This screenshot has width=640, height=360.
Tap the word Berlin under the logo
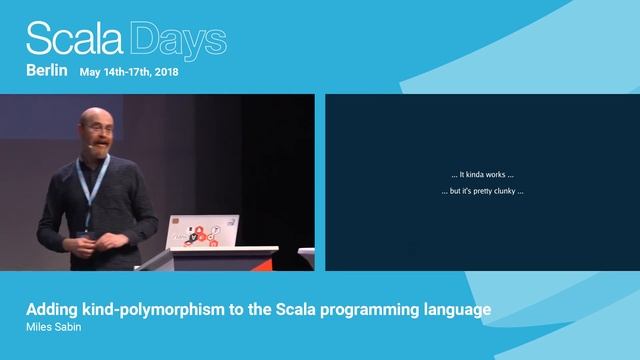[46, 71]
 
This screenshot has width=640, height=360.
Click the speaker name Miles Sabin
[53, 327]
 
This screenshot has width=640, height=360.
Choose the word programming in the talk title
[377, 310]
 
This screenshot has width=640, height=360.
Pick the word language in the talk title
[457, 310]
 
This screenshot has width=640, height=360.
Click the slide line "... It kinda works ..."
[482, 175]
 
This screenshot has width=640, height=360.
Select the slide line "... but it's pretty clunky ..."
[482, 191]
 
